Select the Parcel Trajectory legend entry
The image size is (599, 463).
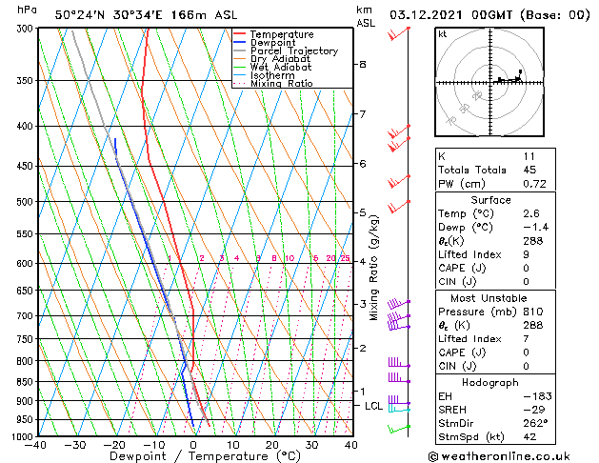293,51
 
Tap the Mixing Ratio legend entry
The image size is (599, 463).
281,84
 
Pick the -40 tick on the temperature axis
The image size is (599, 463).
37,445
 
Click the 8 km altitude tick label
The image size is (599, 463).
363,65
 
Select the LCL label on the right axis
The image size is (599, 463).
374,406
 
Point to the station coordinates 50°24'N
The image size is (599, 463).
78,15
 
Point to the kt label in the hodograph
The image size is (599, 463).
443,33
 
